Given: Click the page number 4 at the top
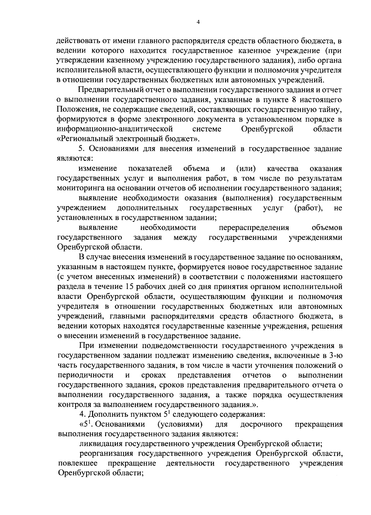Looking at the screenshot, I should (198, 22).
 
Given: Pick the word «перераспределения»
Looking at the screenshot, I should (254, 228).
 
